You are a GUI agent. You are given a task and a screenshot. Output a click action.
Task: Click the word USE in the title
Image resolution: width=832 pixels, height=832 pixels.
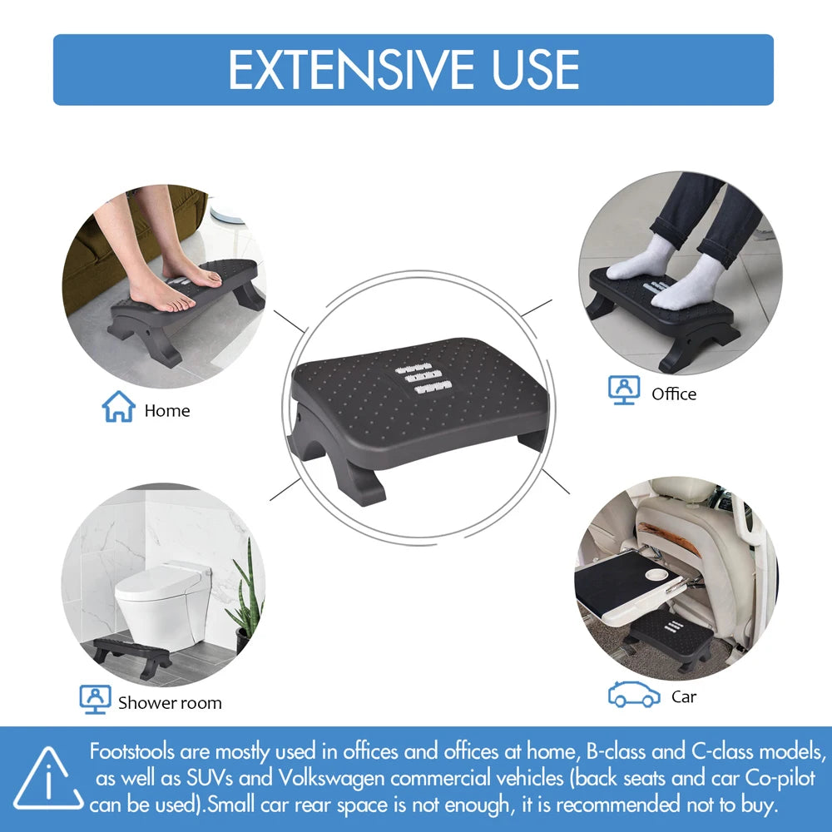click(535, 70)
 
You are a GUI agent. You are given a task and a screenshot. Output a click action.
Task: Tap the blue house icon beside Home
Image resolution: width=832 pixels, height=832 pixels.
click(118, 407)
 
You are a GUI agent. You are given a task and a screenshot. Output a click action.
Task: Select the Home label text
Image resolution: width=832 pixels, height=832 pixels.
click(167, 411)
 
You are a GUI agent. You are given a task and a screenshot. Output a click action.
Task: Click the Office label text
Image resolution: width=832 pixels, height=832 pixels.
click(674, 394)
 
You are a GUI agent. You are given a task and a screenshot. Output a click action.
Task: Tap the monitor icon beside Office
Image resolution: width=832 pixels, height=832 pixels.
click(623, 389)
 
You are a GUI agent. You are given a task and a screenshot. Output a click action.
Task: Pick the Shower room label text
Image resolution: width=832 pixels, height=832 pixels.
click(170, 703)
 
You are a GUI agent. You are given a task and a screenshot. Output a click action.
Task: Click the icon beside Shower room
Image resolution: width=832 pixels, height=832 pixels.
click(95, 699)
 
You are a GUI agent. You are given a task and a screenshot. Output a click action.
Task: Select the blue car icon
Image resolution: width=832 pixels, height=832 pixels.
click(634, 695)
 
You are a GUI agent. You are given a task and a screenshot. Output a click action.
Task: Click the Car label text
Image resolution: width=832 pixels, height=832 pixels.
click(684, 697)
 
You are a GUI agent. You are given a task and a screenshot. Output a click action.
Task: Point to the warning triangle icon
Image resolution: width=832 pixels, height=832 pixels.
click(48, 780)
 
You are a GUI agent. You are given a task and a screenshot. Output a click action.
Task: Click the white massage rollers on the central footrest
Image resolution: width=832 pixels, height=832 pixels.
click(425, 377)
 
